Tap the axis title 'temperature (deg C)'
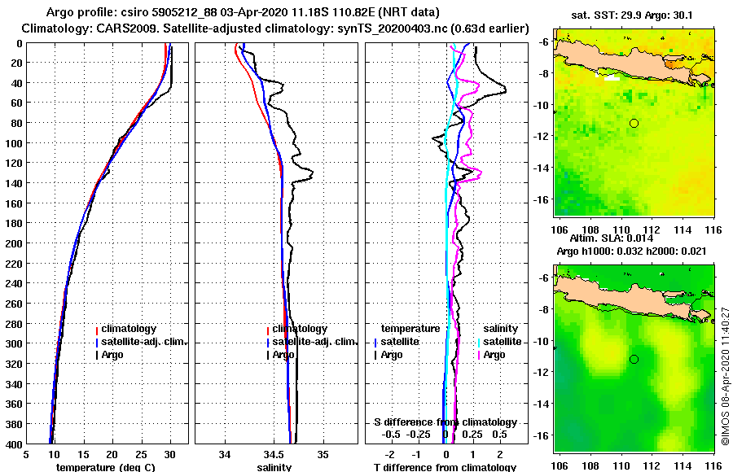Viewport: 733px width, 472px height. (x=105, y=467)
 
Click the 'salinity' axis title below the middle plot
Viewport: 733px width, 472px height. (x=274, y=467)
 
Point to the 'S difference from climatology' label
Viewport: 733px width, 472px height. (x=445, y=422)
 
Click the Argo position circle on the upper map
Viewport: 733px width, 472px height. (x=634, y=123)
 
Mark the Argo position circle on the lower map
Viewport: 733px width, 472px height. (x=634, y=359)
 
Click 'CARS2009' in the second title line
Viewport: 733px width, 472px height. (x=115, y=28)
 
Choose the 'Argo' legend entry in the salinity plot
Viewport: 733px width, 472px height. (x=284, y=355)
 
